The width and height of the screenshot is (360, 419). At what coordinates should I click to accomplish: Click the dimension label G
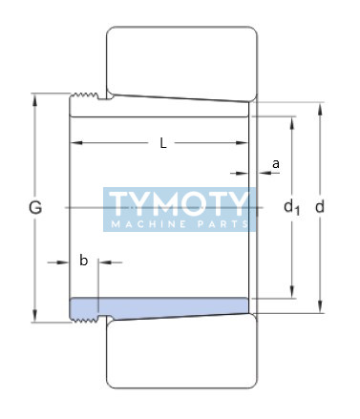click(35, 208)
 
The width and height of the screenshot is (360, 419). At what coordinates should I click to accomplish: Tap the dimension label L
click(163, 143)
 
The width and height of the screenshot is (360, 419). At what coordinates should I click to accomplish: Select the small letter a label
click(276, 164)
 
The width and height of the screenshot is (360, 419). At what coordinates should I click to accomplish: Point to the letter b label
click(83, 261)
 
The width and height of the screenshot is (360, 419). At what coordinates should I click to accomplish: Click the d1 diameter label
click(291, 207)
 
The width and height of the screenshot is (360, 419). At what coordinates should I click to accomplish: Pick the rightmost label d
click(320, 207)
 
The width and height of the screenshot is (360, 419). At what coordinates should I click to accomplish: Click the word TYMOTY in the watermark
click(179, 203)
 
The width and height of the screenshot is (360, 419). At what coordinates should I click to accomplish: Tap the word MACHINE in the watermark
click(149, 224)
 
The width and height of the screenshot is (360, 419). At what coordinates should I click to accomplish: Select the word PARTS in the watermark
click(223, 224)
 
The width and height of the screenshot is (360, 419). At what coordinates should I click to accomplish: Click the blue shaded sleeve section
click(159, 306)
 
